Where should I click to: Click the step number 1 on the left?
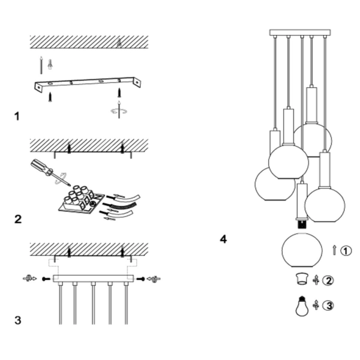point(17,116)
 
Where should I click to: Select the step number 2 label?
point(18,219)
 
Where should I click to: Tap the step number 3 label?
point(18,320)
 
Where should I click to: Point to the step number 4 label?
point(223,239)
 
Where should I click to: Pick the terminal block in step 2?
point(81,200)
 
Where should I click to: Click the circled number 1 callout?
point(346,250)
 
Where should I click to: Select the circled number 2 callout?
point(328,280)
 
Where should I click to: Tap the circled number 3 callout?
point(328,305)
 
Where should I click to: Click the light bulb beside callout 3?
point(302,306)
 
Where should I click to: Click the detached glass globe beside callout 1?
point(302,250)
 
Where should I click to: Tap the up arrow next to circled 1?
point(334,250)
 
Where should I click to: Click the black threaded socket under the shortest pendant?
point(302,224)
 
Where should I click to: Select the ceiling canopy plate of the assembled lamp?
point(300,32)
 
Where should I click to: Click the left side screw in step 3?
point(46,279)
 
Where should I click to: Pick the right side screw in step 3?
point(140,279)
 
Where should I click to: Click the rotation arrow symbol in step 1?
point(119,111)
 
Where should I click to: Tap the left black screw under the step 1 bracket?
point(50,97)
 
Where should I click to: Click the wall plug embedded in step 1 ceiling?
point(119,43)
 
